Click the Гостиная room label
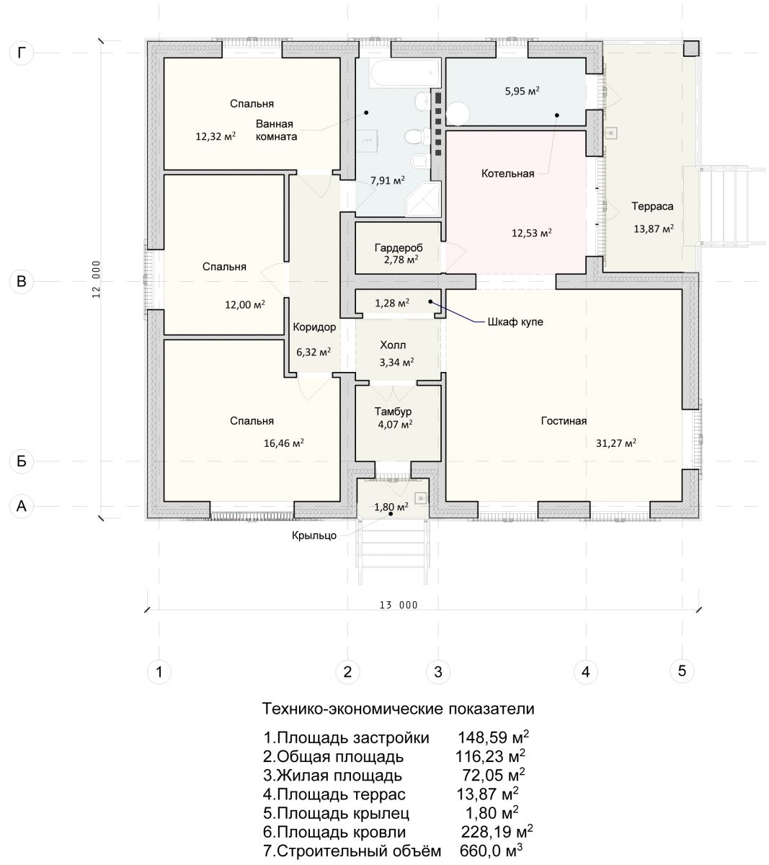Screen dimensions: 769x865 tap(564, 421)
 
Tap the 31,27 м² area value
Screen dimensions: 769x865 tap(615, 443)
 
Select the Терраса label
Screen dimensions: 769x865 tap(652, 206)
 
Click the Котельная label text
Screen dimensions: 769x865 tap(507, 173)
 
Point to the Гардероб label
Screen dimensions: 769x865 tap(399, 248)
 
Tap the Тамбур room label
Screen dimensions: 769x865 tap(393, 412)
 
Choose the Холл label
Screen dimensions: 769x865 tap(393, 345)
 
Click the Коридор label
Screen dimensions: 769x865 tap(314, 327)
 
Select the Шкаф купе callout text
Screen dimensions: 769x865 tap(515, 321)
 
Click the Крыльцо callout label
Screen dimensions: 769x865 tap(314, 536)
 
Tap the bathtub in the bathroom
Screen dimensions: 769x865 tap(405, 73)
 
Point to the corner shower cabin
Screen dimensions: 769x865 tap(423, 198)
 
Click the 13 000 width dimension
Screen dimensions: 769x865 tap(399, 605)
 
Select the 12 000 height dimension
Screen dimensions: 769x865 tap(96, 279)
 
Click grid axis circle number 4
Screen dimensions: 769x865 tap(585, 672)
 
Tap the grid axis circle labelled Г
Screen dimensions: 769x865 tap(22, 53)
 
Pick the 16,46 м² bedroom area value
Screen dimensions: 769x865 tap(283, 443)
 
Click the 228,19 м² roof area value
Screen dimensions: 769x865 tap(497, 831)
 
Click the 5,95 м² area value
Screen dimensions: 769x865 tap(522, 91)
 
